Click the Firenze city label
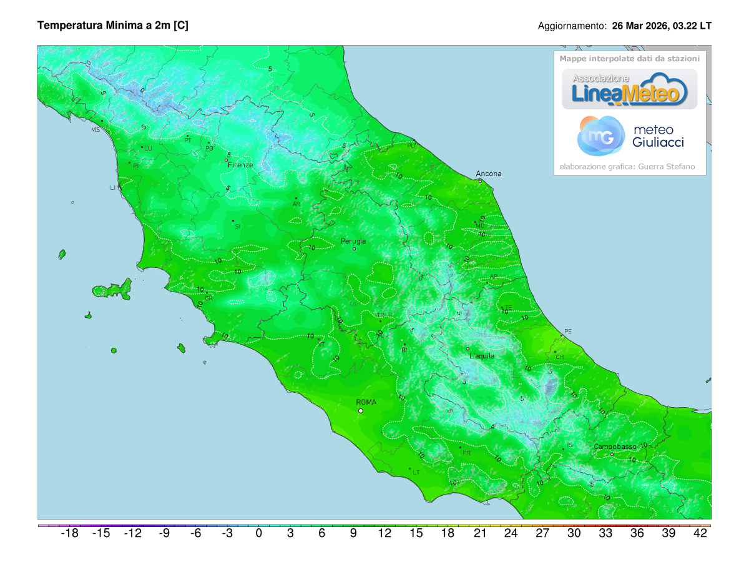point(240,165)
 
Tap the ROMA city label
point(366,402)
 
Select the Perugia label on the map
point(353,241)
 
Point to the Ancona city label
point(488,174)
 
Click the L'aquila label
point(481,356)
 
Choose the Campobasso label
point(615,446)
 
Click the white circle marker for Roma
point(360,411)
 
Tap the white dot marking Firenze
point(227,160)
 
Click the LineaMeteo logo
point(629,89)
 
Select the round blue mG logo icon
point(600,136)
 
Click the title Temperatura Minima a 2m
point(113,26)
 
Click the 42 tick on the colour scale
point(700,533)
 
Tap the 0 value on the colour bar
point(258,533)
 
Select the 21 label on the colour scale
point(479,533)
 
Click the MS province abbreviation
point(95,130)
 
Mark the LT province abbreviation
point(416,473)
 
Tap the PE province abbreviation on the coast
point(567,331)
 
